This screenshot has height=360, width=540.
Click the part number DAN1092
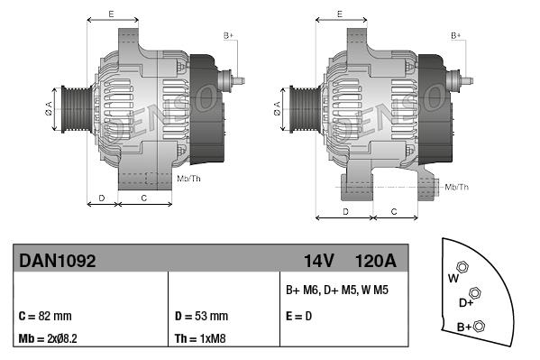click(57, 260)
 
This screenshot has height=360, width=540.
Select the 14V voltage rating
click(318, 260)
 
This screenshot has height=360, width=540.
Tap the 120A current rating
click(376, 260)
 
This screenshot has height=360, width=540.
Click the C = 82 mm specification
click(44, 317)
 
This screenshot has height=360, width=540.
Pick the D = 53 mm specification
click(201, 317)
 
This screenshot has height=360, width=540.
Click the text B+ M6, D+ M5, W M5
click(336, 291)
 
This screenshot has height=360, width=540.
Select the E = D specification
click(300, 317)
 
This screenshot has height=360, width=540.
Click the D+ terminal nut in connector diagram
click(475, 293)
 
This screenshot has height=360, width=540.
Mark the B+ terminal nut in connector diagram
click(480, 326)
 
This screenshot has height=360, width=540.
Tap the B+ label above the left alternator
click(228, 35)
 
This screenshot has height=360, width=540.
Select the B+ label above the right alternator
click(456, 35)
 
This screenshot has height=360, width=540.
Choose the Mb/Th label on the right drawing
click(457, 187)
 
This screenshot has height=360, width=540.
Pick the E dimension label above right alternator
click(339, 14)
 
